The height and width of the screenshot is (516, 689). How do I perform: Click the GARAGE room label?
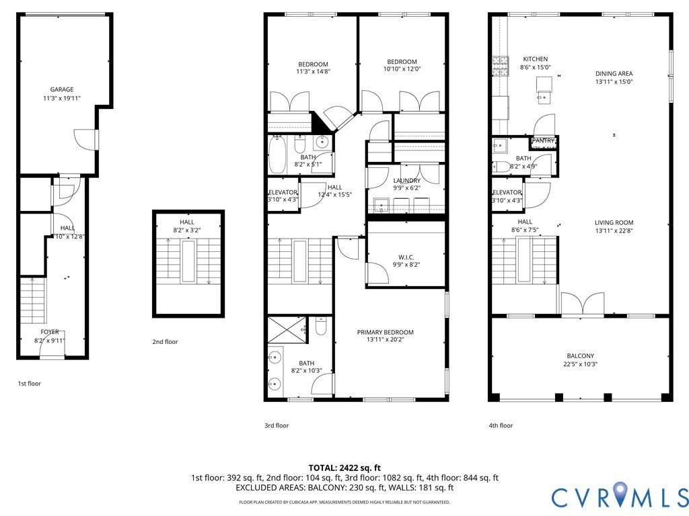(62, 89)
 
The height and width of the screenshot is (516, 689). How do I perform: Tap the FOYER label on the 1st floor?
(50, 332)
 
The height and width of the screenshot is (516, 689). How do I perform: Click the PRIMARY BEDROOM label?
(385, 332)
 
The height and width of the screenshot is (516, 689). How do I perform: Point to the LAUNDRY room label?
(406, 181)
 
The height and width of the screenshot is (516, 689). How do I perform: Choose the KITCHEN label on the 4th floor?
(535, 59)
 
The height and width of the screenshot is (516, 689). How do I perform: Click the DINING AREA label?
(614, 74)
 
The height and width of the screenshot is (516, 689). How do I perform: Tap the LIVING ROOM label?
(614, 223)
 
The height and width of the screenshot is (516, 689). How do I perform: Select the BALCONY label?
(580, 356)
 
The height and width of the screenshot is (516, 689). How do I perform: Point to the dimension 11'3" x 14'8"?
(313, 71)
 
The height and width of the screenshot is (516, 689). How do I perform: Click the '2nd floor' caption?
(165, 342)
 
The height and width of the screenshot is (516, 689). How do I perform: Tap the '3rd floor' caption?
(276, 425)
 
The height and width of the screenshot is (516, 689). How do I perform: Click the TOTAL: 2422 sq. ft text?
(344, 468)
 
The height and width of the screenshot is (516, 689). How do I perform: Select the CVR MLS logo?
(619, 497)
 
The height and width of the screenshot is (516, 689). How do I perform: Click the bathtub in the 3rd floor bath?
(277, 155)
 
